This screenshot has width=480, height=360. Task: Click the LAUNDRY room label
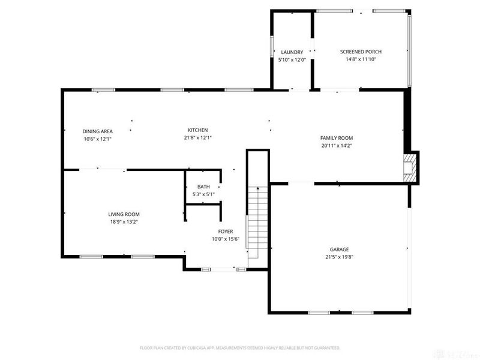pos(292,52)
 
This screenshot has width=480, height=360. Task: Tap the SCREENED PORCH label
pos(361,52)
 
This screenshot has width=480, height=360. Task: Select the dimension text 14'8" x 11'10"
pos(361,59)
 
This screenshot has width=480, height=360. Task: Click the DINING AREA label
pos(98,131)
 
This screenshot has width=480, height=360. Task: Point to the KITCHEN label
pos(198,130)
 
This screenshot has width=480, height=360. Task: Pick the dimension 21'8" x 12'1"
pos(198,138)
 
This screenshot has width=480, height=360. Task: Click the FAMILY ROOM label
pos(337,137)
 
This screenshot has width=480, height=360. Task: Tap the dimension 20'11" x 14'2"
pos(337,145)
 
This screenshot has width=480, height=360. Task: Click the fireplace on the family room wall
pos(410,165)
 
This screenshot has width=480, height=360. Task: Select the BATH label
pos(203,187)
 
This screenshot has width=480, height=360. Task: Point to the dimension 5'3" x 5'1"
pos(203,194)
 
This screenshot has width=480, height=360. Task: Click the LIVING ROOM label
pos(124,214)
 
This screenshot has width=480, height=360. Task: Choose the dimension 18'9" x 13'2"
pos(124,222)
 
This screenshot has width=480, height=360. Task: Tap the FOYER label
pos(225,231)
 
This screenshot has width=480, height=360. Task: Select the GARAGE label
pos(339,249)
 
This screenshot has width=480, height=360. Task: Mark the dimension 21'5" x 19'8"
pos(339,257)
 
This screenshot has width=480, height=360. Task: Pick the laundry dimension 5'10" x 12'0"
pos(292,60)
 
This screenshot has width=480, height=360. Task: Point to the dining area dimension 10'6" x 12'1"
pos(98,139)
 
